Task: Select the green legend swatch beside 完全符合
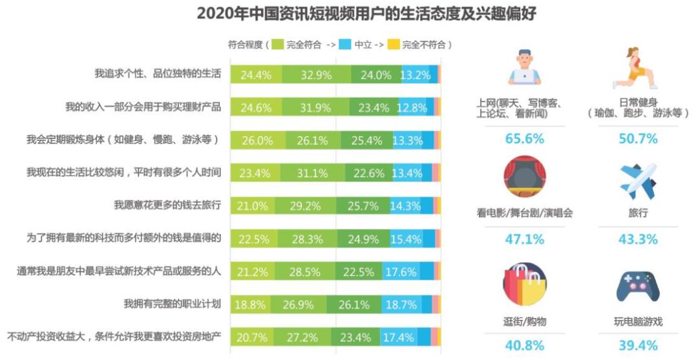[277, 45]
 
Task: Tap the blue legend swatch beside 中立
[345, 45]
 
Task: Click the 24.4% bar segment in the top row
[256, 74]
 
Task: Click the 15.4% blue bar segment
[406, 238]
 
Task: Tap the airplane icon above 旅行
[637, 181]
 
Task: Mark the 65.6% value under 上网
[524, 138]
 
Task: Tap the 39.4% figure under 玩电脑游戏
[637, 346]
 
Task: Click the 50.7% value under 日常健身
[637, 138]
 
